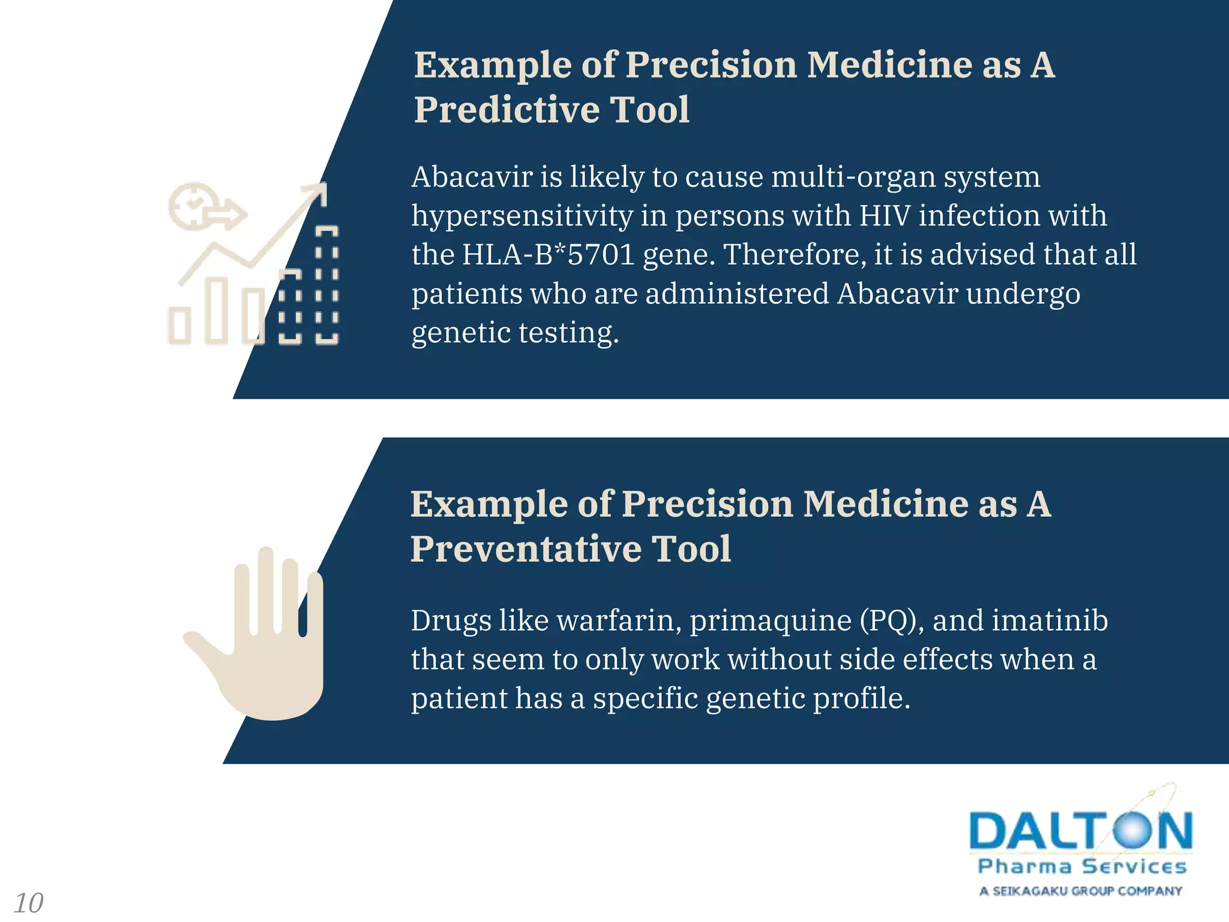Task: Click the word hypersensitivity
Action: tap(521, 215)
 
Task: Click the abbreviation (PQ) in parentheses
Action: tap(892, 621)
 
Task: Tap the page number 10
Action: tap(28, 903)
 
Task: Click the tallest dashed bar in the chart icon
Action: tap(327, 285)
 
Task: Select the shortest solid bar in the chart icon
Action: tap(179, 326)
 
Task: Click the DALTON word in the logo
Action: tap(1080, 831)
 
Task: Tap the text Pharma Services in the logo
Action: tap(1082, 867)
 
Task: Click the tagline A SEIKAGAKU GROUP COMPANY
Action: tap(1080, 891)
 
